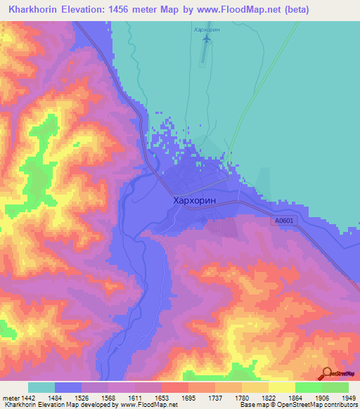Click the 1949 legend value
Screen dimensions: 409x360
click(x=348, y=398)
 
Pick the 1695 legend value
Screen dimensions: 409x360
click(x=188, y=398)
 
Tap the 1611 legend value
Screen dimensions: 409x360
click(x=135, y=398)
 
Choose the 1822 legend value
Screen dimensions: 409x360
click(x=268, y=398)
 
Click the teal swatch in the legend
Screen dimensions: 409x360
click(x=41, y=387)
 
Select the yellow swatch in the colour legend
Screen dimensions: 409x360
click(x=281, y=387)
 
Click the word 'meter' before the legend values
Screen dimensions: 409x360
click(x=10, y=398)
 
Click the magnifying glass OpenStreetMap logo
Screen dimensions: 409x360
click(x=327, y=374)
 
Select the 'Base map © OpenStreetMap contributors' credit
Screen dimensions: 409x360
click(x=298, y=405)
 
